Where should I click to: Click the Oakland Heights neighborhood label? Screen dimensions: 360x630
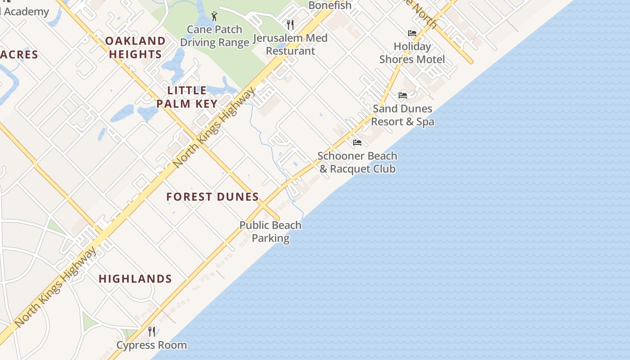click(x=135, y=48)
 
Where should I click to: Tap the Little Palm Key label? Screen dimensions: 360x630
click(x=187, y=97)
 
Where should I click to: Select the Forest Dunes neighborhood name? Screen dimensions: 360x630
click(x=212, y=197)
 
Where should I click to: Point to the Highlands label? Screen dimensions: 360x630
click(x=135, y=279)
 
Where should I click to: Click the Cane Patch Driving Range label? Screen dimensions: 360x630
click(x=215, y=36)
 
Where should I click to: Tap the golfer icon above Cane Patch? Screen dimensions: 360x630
click(x=214, y=17)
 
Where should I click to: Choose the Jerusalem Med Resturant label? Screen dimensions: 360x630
click(x=290, y=44)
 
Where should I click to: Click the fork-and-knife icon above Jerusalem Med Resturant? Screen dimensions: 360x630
click(x=290, y=24)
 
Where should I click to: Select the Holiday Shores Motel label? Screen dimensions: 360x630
click(x=412, y=53)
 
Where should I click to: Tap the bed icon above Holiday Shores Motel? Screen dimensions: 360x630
click(x=412, y=33)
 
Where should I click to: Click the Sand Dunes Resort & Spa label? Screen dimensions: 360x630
click(x=403, y=115)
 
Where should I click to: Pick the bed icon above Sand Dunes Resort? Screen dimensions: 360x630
click(x=403, y=95)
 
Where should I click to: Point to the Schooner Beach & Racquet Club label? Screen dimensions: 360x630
click(x=357, y=162)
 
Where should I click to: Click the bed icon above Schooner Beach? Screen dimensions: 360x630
click(x=357, y=143)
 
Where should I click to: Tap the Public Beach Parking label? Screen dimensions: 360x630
click(x=270, y=231)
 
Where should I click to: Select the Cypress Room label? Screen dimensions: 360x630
click(x=152, y=345)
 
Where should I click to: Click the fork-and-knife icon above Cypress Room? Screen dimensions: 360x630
click(x=152, y=332)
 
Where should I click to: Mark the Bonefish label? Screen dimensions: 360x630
click(x=330, y=5)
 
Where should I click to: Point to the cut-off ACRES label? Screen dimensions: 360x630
click(x=19, y=55)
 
